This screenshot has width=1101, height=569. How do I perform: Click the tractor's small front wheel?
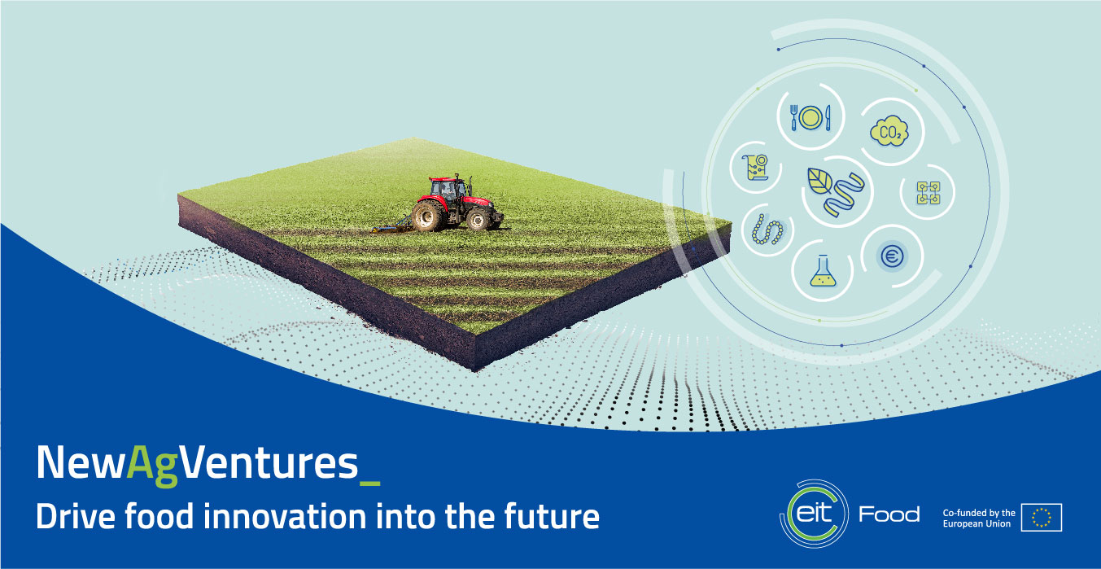point(478,219)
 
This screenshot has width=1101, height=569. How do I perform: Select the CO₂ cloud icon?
point(889,131)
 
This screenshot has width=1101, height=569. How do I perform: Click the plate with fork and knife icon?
point(810,117)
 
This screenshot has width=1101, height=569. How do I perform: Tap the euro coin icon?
point(892,256)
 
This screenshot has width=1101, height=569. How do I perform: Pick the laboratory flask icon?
point(823,270)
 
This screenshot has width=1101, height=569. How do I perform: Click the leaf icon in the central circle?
point(820,181)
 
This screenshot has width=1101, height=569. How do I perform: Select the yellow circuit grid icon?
point(928,192)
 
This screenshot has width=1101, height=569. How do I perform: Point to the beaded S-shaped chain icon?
point(767,230)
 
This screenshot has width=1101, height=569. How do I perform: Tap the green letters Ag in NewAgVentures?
point(152,465)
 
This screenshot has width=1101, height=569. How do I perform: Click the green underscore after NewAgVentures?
point(370,484)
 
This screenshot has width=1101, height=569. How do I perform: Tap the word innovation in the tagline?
point(285,516)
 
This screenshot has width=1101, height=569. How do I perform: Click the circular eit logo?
point(814,514)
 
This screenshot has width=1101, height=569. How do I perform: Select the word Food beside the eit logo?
point(889,514)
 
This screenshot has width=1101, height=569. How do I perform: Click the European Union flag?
point(1042,518)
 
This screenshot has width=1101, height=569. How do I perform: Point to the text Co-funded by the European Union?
point(979,518)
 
